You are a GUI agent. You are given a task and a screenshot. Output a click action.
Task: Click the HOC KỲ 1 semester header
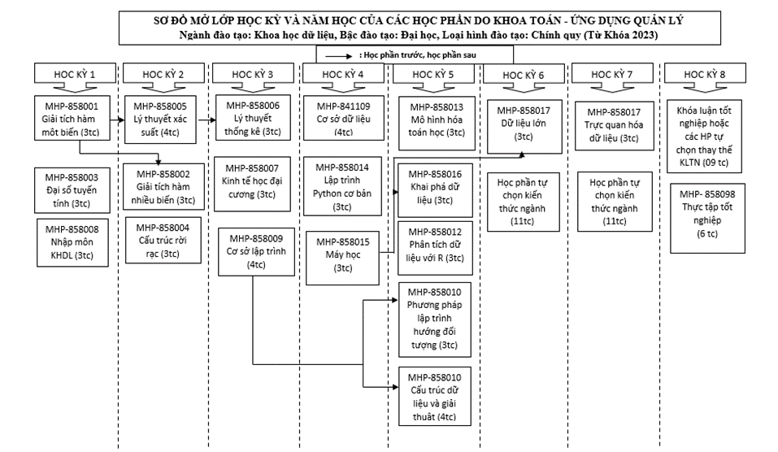click(75, 73)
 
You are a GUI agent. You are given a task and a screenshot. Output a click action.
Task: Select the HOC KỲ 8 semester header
click(705, 73)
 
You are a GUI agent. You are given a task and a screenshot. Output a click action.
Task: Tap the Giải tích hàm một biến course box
click(71, 119)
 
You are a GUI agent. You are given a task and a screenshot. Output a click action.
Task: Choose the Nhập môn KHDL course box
click(72, 242)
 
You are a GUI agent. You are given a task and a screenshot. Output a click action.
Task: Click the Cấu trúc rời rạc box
click(163, 240)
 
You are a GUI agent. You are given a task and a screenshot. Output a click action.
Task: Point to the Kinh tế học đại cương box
click(252, 184)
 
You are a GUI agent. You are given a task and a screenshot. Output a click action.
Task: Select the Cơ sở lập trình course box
click(256, 251)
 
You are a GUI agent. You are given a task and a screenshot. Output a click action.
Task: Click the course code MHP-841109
click(343, 106)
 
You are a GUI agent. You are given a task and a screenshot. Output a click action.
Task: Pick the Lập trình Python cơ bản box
click(342, 186)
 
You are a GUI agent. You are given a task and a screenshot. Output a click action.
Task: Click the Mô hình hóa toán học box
click(437, 123)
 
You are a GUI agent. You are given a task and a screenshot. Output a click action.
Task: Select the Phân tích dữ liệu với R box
click(435, 248)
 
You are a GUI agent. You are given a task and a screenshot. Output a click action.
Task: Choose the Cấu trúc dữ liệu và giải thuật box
click(435, 397)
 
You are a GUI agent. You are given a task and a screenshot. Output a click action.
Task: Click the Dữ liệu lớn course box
click(524, 127)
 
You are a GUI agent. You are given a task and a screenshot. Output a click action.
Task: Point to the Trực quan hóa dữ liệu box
click(615, 125)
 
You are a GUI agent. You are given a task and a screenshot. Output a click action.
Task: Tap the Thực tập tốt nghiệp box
click(707, 219)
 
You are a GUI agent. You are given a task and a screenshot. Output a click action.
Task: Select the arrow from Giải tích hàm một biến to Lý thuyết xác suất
click(116, 120)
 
